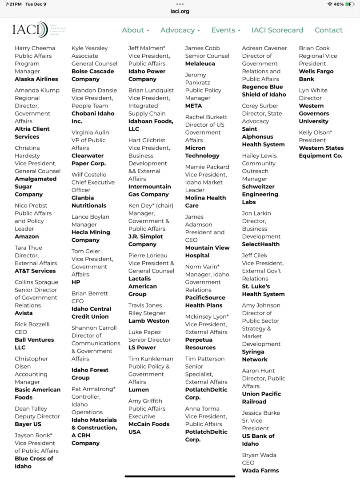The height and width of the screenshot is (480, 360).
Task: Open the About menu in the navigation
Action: coord(135,30)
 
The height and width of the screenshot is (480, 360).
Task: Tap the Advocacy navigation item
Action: coord(180,30)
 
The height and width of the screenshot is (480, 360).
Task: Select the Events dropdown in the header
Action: coord(225,30)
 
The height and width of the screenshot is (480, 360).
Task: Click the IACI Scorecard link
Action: coord(277,30)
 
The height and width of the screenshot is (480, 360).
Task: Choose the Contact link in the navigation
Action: coord(328,30)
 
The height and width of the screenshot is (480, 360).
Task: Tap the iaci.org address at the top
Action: coord(180,11)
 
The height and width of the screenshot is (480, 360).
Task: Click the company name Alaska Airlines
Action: coord(36,79)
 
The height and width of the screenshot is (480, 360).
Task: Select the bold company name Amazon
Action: coord(27,236)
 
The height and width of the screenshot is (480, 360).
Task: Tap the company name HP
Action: coord(76,282)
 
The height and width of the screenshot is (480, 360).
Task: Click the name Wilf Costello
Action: coord(89,175)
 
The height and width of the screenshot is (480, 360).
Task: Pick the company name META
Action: coord(193,106)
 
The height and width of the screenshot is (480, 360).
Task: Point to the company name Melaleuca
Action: coord(200,64)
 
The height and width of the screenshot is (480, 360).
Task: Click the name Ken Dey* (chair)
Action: coord(151,205)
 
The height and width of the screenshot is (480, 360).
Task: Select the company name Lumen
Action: coord(139,390)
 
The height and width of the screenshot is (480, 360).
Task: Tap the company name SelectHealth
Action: coord(261,244)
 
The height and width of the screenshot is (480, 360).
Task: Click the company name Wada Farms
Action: coord(260,470)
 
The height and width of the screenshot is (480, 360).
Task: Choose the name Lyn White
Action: coord(313,90)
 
